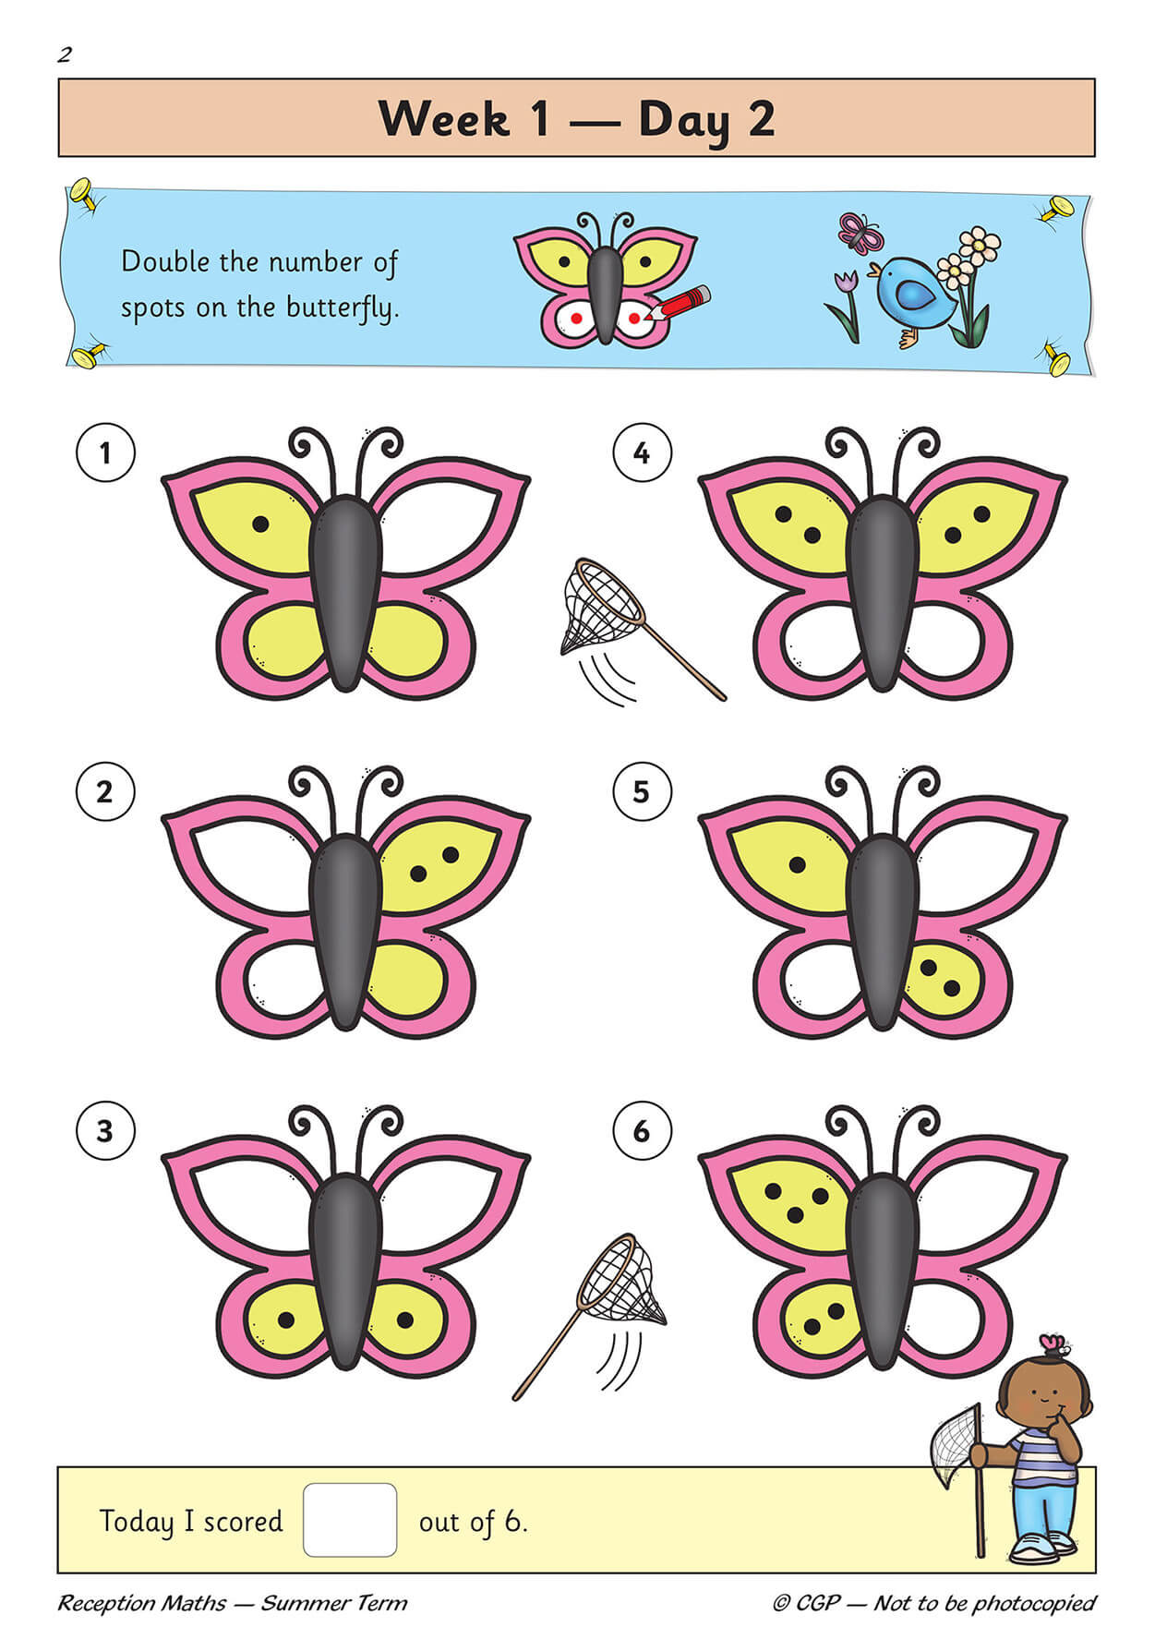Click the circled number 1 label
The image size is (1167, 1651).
[x=105, y=452]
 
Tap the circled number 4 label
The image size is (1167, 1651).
[x=642, y=452]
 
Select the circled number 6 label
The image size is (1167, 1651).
[x=642, y=1130]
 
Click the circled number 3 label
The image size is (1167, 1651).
[x=105, y=1130]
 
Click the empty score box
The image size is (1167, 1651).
[x=350, y=1520]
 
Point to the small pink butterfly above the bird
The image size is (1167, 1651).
[x=860, y=234]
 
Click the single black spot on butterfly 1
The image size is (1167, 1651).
[x=260, y=524]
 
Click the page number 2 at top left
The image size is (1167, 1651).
[x=64, y=55]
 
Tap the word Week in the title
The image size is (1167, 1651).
[x=444, y=119]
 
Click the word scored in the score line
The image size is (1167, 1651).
[x=243, y=1521]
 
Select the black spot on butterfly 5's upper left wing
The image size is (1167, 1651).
[x=797, y=865]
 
